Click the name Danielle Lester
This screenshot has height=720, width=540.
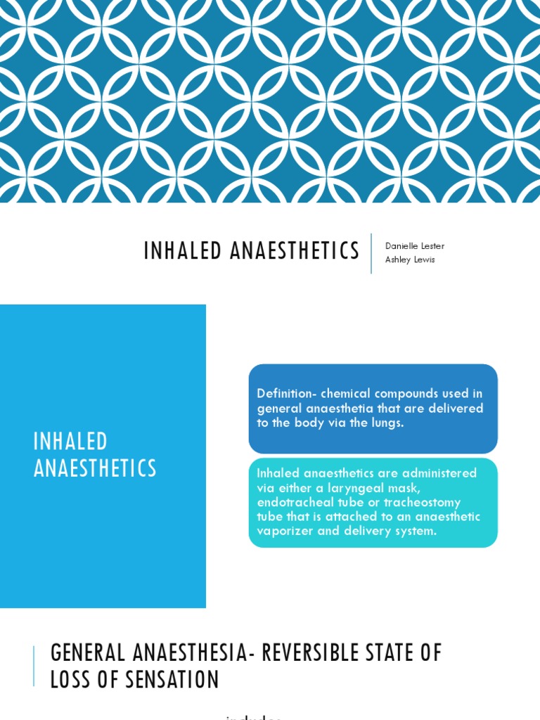415,246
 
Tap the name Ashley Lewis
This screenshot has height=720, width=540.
410,259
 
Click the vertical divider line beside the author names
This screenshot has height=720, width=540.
371,253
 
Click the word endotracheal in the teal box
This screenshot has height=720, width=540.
294,502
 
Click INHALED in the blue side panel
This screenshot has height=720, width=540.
71,442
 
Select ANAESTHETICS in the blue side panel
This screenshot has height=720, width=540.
95,468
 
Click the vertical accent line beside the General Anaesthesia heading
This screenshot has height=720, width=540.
34,666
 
